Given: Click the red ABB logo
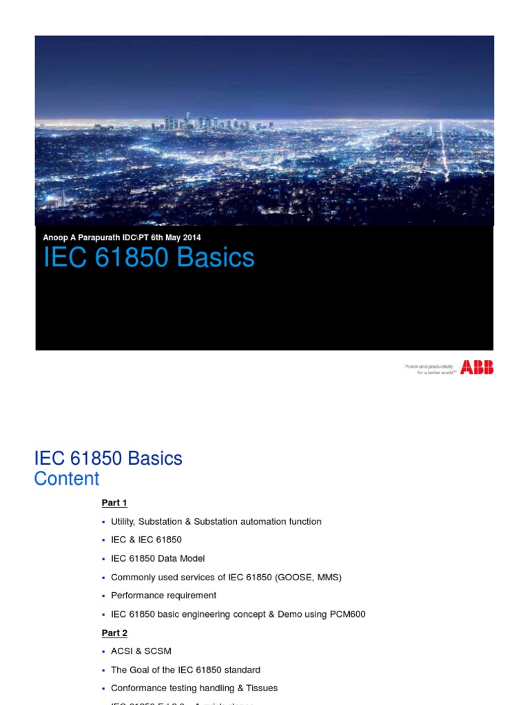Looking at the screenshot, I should pyautogui.click(x=477, y=368).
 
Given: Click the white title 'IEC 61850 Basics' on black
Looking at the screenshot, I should pyautogui.click(x=149, y=257).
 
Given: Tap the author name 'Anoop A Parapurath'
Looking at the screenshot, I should pyautogui.click(x=82, y=238).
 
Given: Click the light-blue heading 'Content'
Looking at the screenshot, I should pyautogui.click(x=67, y=478).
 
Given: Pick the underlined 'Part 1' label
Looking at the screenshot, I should pyautogui.click(x=114, y=503).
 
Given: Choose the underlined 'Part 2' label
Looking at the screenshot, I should pyautogui.click(x=114, y=633).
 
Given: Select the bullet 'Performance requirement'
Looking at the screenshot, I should pyautogui.click(x=163, y=596).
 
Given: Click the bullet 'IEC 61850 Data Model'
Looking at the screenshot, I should pyautogui.click(x=158, y=558).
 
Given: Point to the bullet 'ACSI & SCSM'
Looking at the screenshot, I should pyautogui.click(x=141, y=651).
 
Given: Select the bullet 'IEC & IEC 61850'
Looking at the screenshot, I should pyautogui.click(x=146, y=540).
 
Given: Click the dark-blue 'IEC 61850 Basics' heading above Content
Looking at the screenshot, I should pyautogui.click(x=108, y=458).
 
